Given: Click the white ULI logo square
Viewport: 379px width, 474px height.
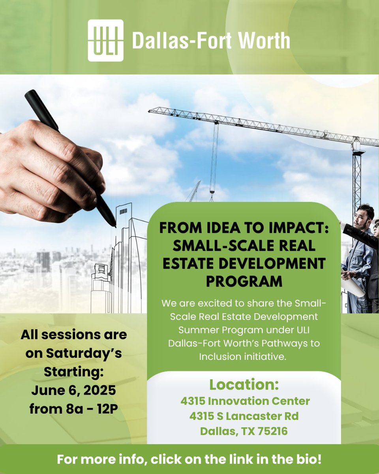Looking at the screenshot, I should (105, 41).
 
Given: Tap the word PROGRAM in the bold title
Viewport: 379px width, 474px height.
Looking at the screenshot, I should (244, 282).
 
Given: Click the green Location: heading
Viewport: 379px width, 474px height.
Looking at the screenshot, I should (244, 384).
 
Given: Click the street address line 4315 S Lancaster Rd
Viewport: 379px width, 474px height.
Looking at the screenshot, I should (244, 416).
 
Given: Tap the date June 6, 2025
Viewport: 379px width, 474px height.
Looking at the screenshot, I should (74, 391).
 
